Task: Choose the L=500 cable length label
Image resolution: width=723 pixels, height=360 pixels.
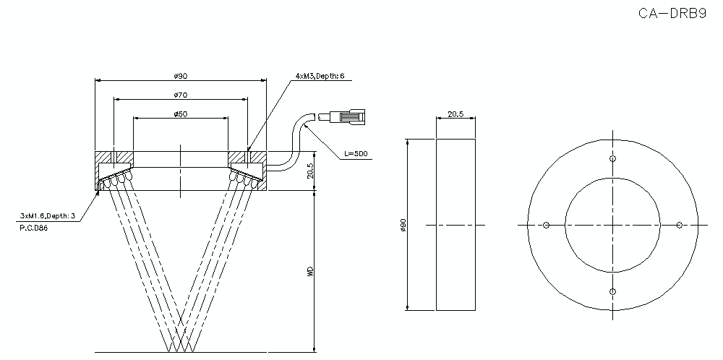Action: pos(355,153)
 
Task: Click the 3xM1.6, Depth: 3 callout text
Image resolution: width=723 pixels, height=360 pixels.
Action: pos(48,215)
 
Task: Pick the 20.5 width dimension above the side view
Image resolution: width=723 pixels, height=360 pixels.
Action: pos(456,114)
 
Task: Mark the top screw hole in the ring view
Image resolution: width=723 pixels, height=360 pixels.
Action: pos(612,159)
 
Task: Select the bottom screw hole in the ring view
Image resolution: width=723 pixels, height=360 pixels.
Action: pos(612,291)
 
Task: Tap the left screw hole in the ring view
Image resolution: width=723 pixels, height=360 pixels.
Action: pos(547,226)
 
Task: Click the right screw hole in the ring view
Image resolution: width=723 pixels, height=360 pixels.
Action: pos(679,226)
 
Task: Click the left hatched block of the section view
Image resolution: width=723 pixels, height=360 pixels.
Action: pos(116,158)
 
